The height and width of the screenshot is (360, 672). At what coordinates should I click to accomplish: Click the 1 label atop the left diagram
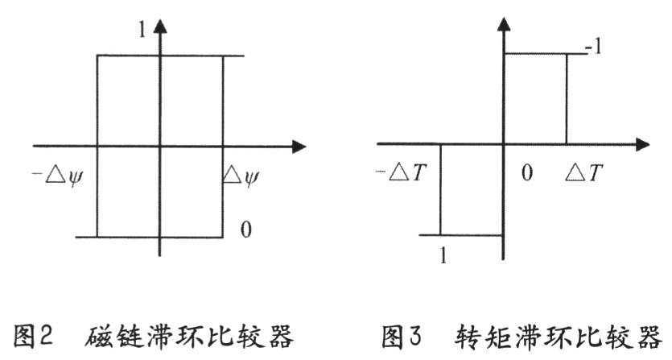point(142,29)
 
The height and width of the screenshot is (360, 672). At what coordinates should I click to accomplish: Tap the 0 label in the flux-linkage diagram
point(245,230)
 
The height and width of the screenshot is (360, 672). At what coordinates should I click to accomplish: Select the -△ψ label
point(57,176)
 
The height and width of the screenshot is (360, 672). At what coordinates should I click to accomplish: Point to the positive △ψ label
point(241,176)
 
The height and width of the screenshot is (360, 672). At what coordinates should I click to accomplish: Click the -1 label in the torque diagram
point(594,47)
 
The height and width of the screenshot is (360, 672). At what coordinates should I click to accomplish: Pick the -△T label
point(401,173)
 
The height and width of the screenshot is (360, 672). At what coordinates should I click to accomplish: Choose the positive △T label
point(583,173)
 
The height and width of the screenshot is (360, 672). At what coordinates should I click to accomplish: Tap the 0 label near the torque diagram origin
point(526,173)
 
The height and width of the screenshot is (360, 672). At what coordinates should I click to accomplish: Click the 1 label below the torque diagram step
point(443,256)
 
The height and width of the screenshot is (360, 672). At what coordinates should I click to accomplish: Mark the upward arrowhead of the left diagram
point(160,26)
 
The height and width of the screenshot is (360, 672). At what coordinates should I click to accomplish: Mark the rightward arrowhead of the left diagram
point(299,147)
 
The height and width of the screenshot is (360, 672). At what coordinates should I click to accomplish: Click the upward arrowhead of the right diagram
point(504,23)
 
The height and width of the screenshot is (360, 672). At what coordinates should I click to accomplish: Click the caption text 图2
point(33,336)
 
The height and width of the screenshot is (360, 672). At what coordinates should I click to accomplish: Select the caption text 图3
point(402,336)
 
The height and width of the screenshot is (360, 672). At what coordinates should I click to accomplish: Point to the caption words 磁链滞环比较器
point(189,336)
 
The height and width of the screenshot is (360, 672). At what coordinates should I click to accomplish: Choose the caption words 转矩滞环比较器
point(558,336)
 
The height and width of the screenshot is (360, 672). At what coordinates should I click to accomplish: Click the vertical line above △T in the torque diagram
point(567,99)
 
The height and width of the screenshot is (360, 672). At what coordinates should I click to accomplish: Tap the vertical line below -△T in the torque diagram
point(440,189)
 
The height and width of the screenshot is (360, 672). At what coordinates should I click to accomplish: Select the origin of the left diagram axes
point(160,147)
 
